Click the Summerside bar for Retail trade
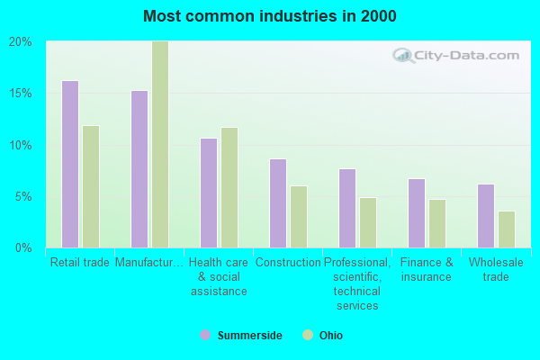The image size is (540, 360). tap(70, 164)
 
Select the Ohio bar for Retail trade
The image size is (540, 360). tap(91, 186)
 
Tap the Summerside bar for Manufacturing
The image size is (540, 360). tap(139, 169)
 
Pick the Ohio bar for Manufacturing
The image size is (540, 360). tap(160, 144)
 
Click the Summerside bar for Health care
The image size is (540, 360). tap(209, 193)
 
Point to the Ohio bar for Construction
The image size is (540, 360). tap(299, 217)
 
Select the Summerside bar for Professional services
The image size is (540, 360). tap(347, 208)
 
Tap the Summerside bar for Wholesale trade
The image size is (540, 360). tap(486, 216)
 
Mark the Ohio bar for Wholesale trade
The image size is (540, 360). tap(507, 229)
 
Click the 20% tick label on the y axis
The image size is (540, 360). tap(21, 41)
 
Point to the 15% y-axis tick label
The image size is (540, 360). tap(21, 94)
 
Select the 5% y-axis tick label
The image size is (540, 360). tap(24, 196)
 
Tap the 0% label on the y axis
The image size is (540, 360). tap(24, 247)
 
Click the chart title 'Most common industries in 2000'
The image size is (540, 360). tap(269, 16)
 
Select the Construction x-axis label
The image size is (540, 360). tap(288, 263)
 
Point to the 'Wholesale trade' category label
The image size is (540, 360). tap(489, 269)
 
